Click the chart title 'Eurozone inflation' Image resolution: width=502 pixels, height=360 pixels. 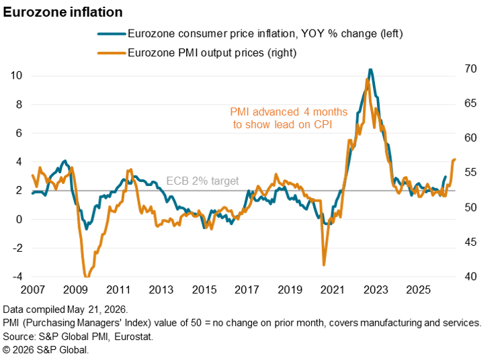tap(62, 13)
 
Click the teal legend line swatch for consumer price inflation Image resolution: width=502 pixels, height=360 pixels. tap(112, 34)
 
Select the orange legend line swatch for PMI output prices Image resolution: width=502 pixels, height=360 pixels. tap(112, 53)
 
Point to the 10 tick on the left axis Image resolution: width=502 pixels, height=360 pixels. tap(16, 75)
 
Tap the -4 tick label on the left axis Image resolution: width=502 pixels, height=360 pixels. tap(17, 277)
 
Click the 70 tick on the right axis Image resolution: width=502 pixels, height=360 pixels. tap(470, 69)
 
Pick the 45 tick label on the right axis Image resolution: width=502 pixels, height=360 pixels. tap(470, 242)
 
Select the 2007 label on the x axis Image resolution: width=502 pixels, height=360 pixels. tap(33, 290)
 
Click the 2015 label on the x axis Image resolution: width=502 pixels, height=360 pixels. tap(204, 290)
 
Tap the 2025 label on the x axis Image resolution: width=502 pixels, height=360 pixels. tap(419, 290)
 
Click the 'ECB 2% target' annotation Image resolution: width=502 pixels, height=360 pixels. tap(202, 181)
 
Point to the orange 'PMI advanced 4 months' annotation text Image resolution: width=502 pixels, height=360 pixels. tap(289, 112)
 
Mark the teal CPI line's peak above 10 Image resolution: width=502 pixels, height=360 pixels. tap(370, 69)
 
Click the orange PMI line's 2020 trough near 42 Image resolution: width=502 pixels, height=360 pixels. tap(324, 265)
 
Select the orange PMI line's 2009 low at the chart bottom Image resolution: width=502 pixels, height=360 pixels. tap(86, 276)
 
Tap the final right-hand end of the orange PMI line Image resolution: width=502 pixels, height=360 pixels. tap(455, 159)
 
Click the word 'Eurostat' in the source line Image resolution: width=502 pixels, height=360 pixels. tap(133, 336)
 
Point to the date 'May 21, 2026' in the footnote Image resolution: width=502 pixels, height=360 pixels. tap(97, 310)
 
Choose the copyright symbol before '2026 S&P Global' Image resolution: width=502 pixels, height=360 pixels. tap(7, 350)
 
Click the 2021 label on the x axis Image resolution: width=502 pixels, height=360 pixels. tap(333, 290)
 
